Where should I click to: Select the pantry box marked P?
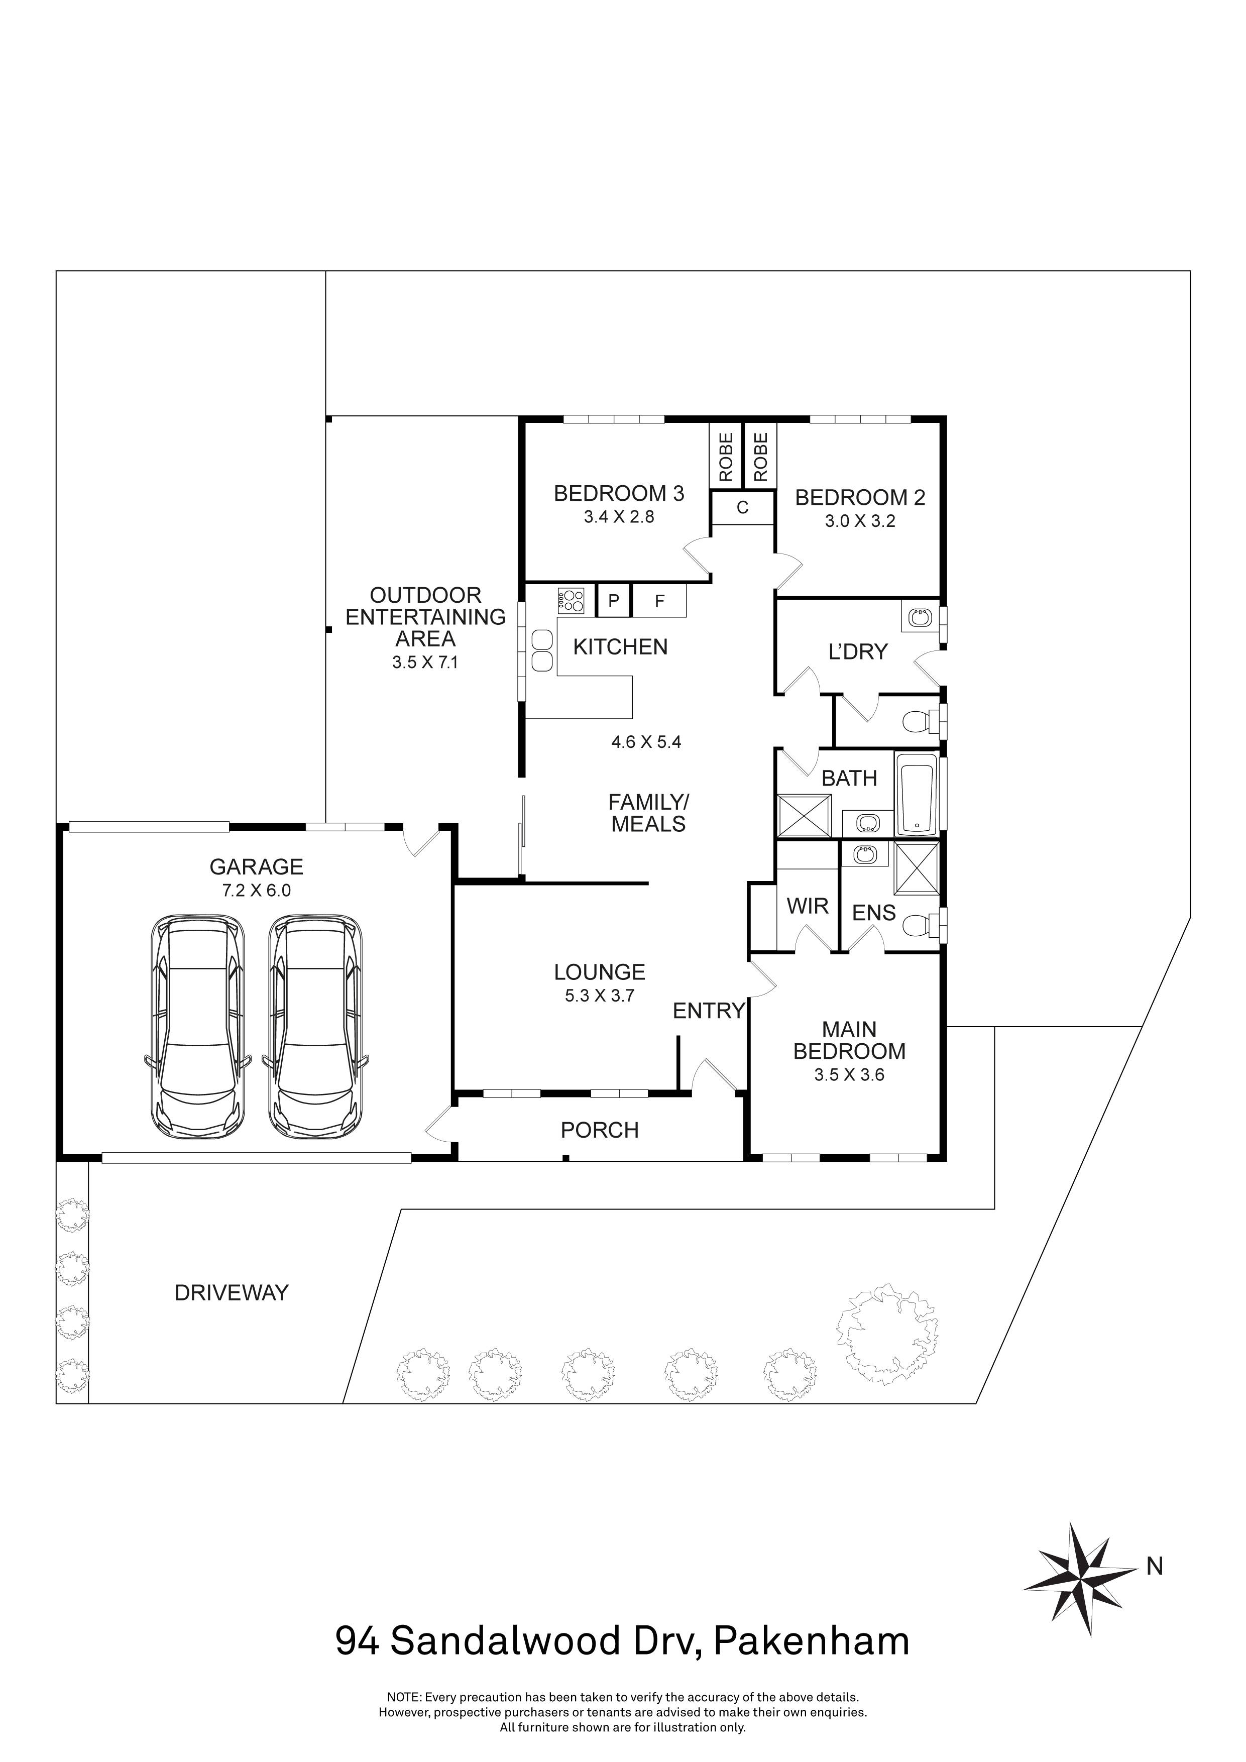pyautogui.click(x=613, y=601)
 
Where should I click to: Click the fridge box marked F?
pyautogui.click(x=659, y=601)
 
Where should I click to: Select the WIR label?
pyautogui.click(x=807, y=906)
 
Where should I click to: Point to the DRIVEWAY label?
pyautogui.click(x=231, y=1293)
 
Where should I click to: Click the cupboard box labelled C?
pyautogui.click(x=742, y=508)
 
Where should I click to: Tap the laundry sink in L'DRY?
pyautogui.click(x=919, y=616)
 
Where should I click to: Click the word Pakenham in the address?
pyautogui.click(x=811, y=1640)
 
